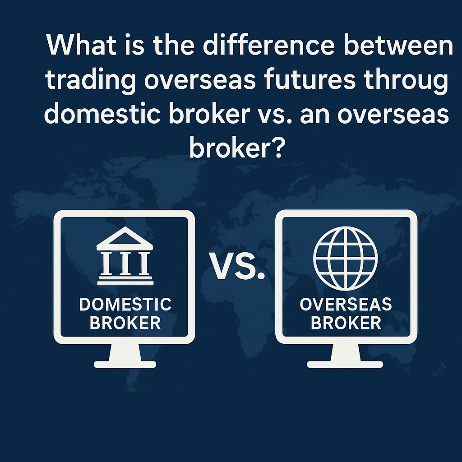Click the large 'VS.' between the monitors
[237, 266]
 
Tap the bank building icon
[125, 256]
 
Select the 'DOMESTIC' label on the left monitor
[125, 305]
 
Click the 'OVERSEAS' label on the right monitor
[346, 305]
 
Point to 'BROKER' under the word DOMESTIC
[125, 323]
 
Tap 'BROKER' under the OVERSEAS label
[346, 323]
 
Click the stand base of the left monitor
[125, 364]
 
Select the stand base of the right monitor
[345, 364]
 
